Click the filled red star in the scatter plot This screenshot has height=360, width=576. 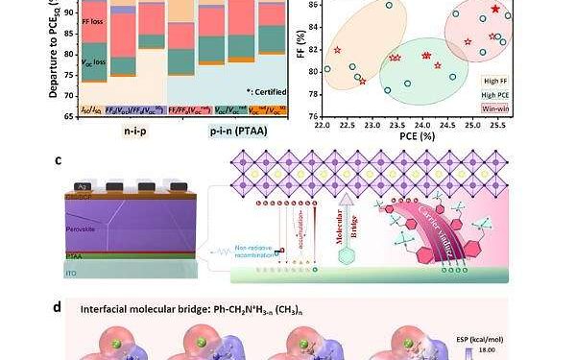click(495, 10)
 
